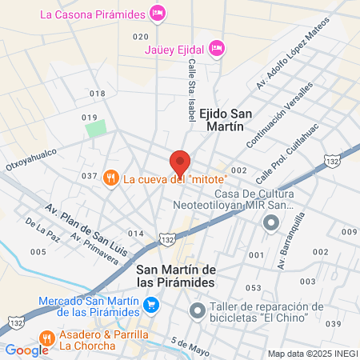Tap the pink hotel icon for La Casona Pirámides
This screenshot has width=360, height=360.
pyautogui.click(x=158, y=13)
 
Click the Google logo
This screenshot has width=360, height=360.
pyautogui.click(x=26, y=350)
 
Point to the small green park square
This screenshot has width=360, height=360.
pyautogui.click(x=96, y=127)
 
